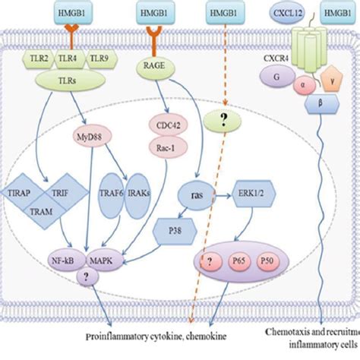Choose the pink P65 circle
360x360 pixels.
point(238,263)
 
